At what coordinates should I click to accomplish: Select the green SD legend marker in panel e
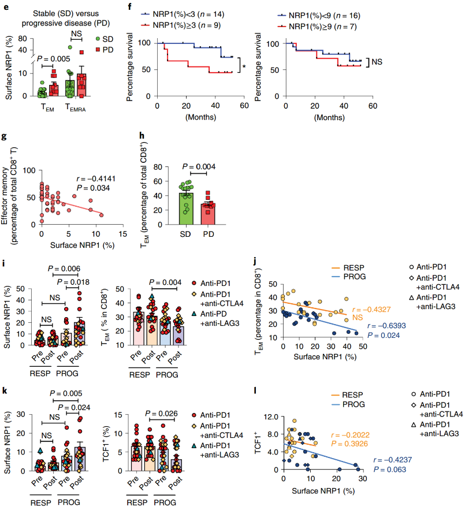click(99, 38)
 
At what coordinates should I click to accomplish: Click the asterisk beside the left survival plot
click(244, 66)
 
